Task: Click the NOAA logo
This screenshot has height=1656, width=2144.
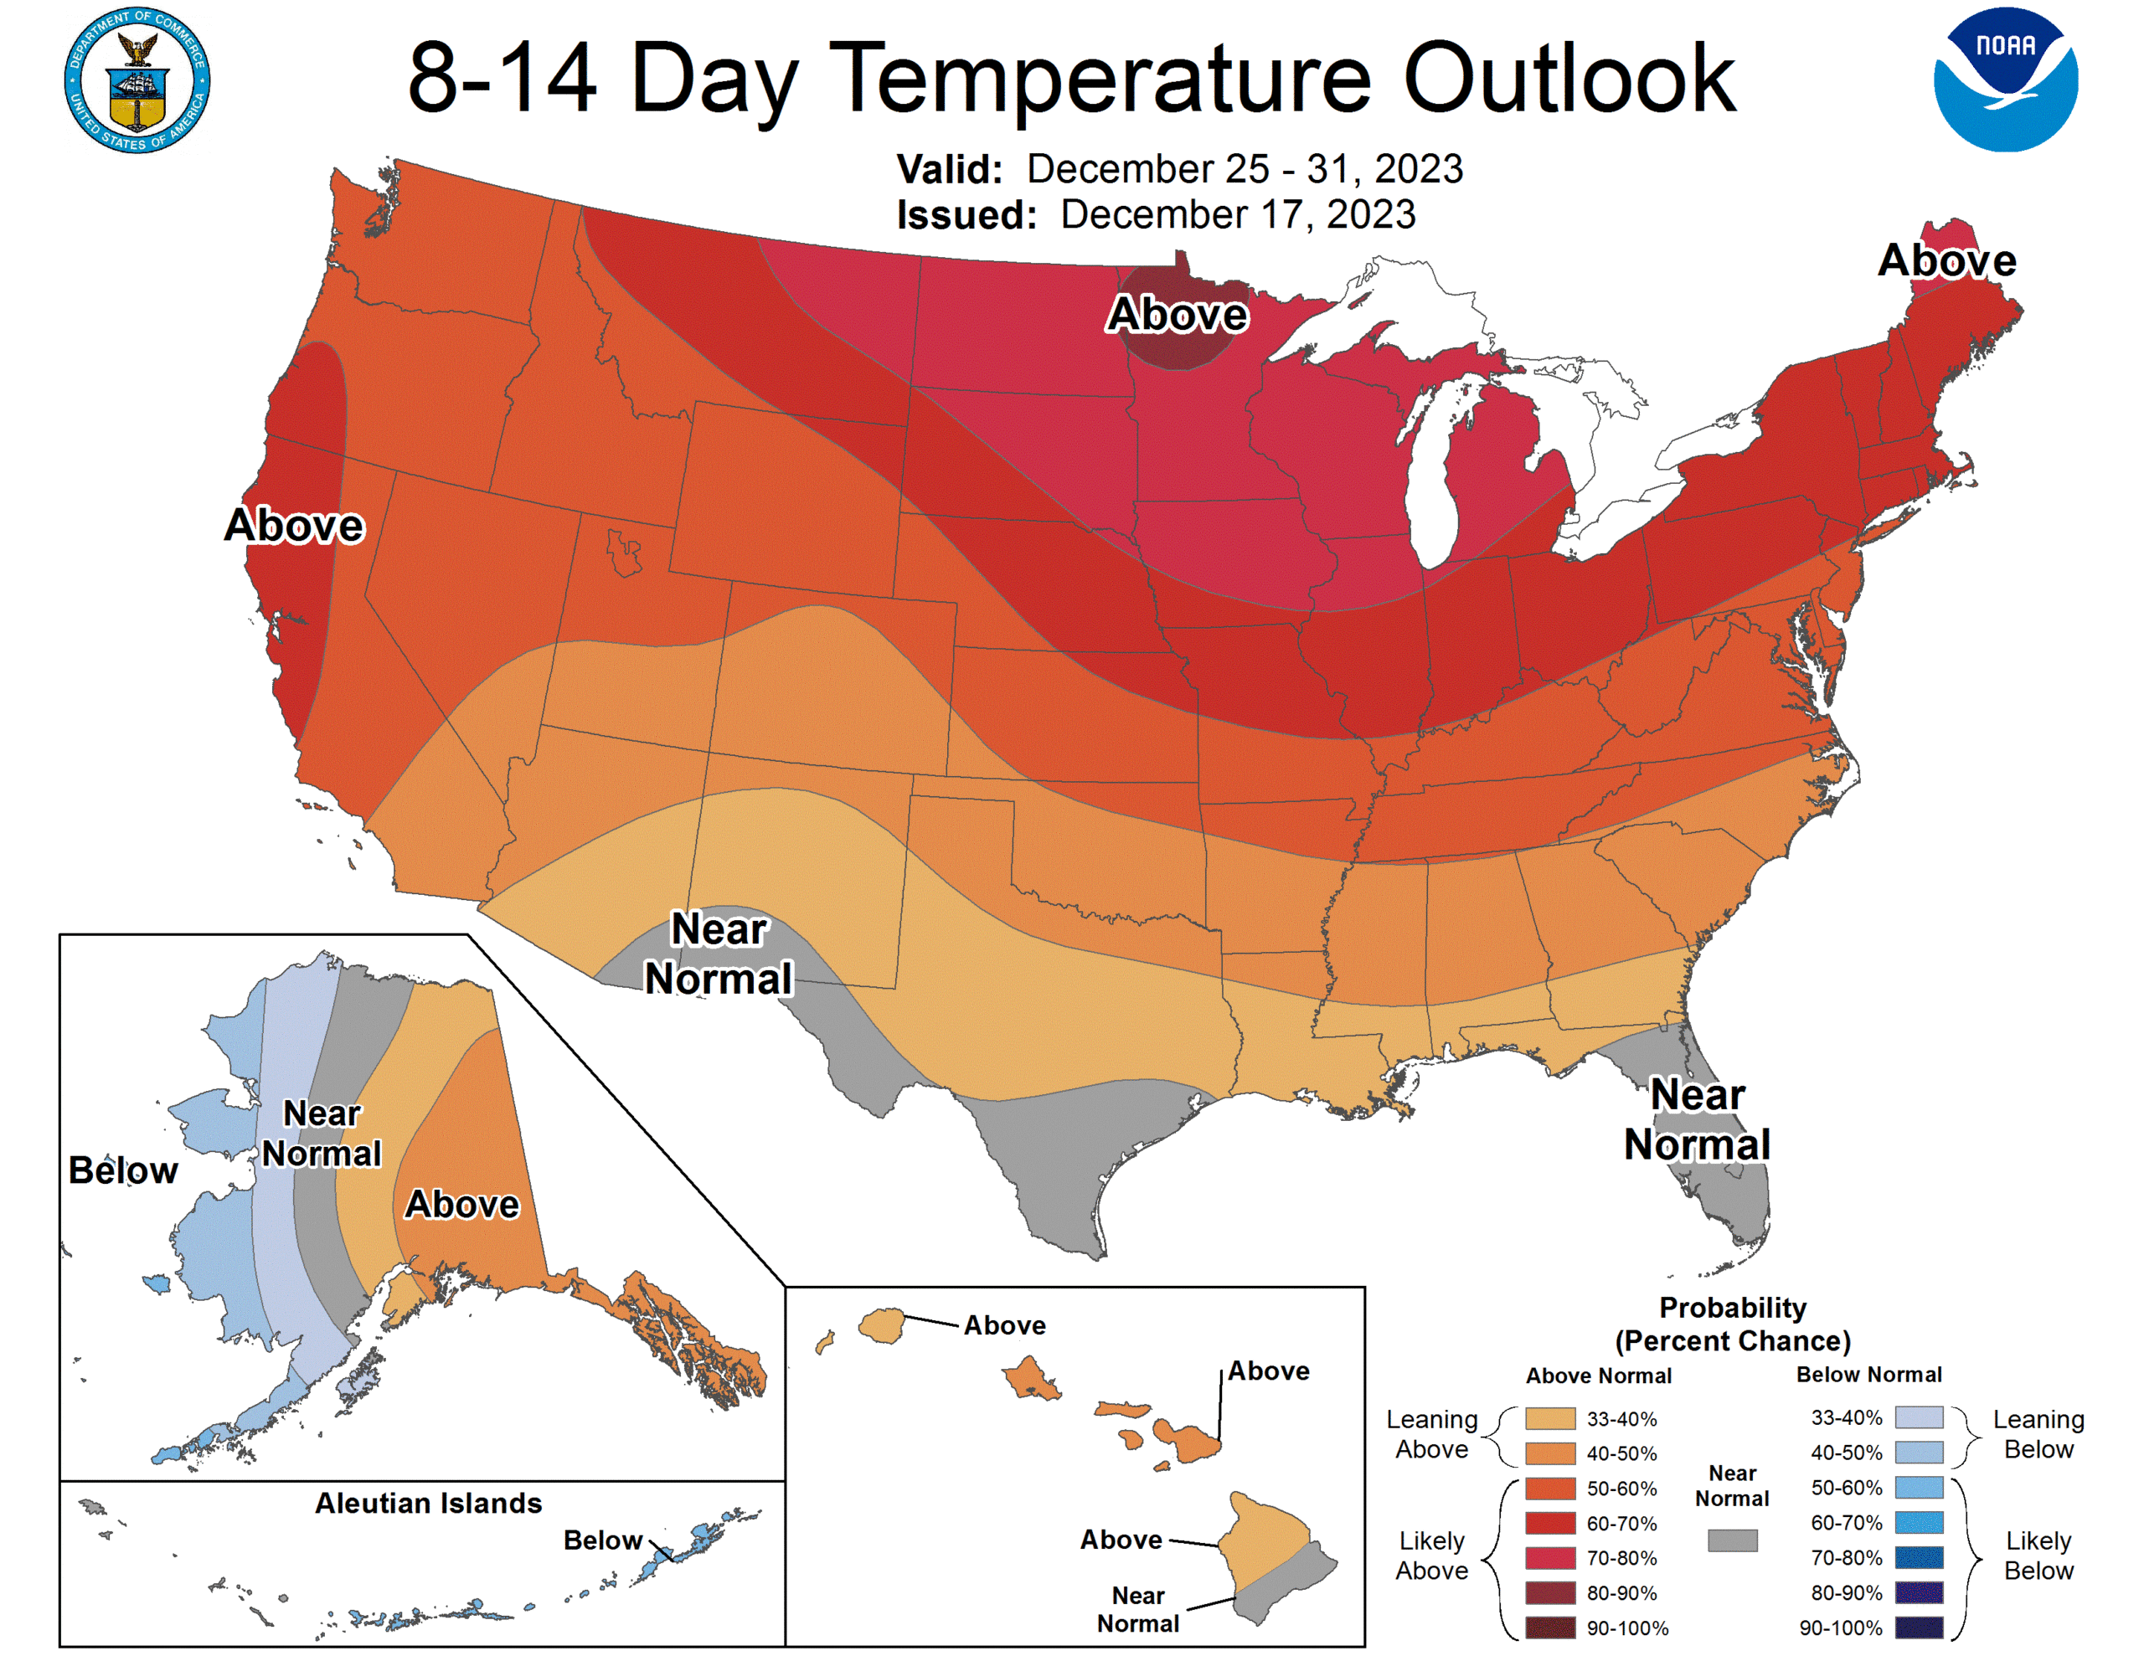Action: [2005, 80]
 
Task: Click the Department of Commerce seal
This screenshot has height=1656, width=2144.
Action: [137, 80]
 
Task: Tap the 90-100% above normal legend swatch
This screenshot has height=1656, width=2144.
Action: [1550, 1628]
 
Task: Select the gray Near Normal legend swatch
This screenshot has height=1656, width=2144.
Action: [1732, 1540]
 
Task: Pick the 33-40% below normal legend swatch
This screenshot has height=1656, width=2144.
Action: [1918, 1417]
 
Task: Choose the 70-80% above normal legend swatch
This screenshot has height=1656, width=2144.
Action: [1550, 1558]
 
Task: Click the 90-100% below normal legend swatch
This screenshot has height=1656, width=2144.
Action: [1918, 1628]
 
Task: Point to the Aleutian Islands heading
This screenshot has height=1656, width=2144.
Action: [428, 1503]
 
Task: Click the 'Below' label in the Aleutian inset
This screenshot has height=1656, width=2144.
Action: [602, 1540]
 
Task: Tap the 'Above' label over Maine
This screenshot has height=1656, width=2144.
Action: [1946, 260]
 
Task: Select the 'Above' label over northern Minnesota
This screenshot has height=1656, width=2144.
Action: [1177, 314]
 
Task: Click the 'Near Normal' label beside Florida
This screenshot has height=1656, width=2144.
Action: [1698, 1119]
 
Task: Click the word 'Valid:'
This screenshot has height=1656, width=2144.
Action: [949, 170]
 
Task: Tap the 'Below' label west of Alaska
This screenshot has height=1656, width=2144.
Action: [123, 1170]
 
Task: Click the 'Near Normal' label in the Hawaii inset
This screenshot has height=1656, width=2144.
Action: [1138, 1609]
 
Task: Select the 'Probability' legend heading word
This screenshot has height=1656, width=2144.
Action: [1733, 1308]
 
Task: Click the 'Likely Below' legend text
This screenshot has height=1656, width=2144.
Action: [2038, 1555]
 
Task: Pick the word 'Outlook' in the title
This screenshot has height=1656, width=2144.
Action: [1569, 79]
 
